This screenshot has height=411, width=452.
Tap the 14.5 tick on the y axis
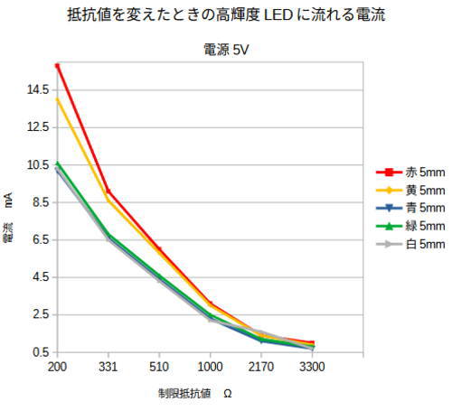pos(38,89)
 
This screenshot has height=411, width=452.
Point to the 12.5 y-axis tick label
pos(38,127)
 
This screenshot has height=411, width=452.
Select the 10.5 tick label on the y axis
pos(38,165)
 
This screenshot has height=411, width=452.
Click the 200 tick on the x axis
pos(57,368)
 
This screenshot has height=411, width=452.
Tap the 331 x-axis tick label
pos(108,368)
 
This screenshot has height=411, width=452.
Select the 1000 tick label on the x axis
pos(211,368)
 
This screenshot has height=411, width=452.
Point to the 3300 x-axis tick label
pos(312,368)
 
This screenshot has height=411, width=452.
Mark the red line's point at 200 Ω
pos(57,66)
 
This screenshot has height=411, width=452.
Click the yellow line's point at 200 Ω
pos(57,99)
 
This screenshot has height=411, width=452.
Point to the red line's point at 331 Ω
pos(108,191)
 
